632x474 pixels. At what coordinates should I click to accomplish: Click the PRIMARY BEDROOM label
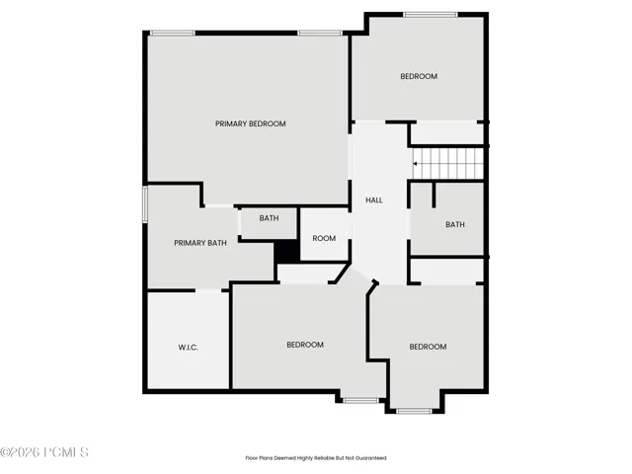(x=250, y=123)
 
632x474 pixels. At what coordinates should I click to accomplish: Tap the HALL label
(x=374, y=199)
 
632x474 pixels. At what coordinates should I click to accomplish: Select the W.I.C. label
(x=188, y=348)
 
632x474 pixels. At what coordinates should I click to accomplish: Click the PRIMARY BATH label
(x=200, y=243)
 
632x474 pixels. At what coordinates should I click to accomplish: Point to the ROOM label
(x=324, y=238)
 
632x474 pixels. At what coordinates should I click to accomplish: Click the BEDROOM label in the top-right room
(x=419, y=76)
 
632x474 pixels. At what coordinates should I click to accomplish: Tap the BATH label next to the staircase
(x=455, y=224)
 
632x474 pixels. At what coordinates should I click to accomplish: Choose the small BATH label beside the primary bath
(x=269, y=218)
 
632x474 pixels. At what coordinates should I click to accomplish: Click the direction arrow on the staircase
(x=415, y=164)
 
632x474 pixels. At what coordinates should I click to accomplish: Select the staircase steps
(x=447, y=164)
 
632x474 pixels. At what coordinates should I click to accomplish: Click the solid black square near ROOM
(x=287, y=252)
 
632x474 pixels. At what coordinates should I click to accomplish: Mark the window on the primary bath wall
(x=145, y=204)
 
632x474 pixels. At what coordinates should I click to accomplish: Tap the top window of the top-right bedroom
(x=431, y=15)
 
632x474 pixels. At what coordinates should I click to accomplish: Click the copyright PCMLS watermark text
(x=43, y=452)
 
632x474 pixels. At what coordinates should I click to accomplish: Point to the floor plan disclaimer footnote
(x=316, y=458)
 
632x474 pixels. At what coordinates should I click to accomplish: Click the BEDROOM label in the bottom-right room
(x=428, y=347)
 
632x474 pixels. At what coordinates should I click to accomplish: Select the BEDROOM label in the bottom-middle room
(x=305, y=345)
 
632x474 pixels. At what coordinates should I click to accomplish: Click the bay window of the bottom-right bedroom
(x=414, y=411)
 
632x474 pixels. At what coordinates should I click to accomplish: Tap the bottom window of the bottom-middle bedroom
(x=360, y=400)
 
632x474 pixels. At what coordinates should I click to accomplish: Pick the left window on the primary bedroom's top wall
(x=173, y=33)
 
